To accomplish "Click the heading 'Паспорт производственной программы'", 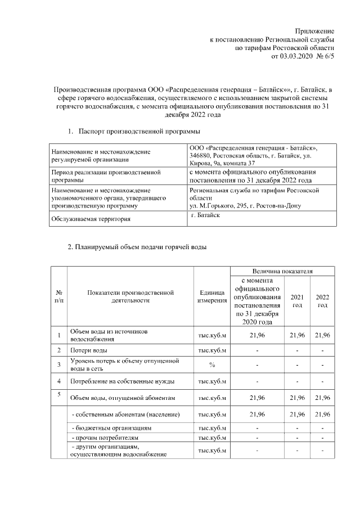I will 139,132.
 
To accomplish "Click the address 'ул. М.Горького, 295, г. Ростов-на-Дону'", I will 245,205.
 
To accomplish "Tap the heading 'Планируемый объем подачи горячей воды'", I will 137,247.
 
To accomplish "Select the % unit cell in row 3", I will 211,364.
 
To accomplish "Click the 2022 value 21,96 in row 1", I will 322,336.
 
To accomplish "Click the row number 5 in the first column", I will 59,394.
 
